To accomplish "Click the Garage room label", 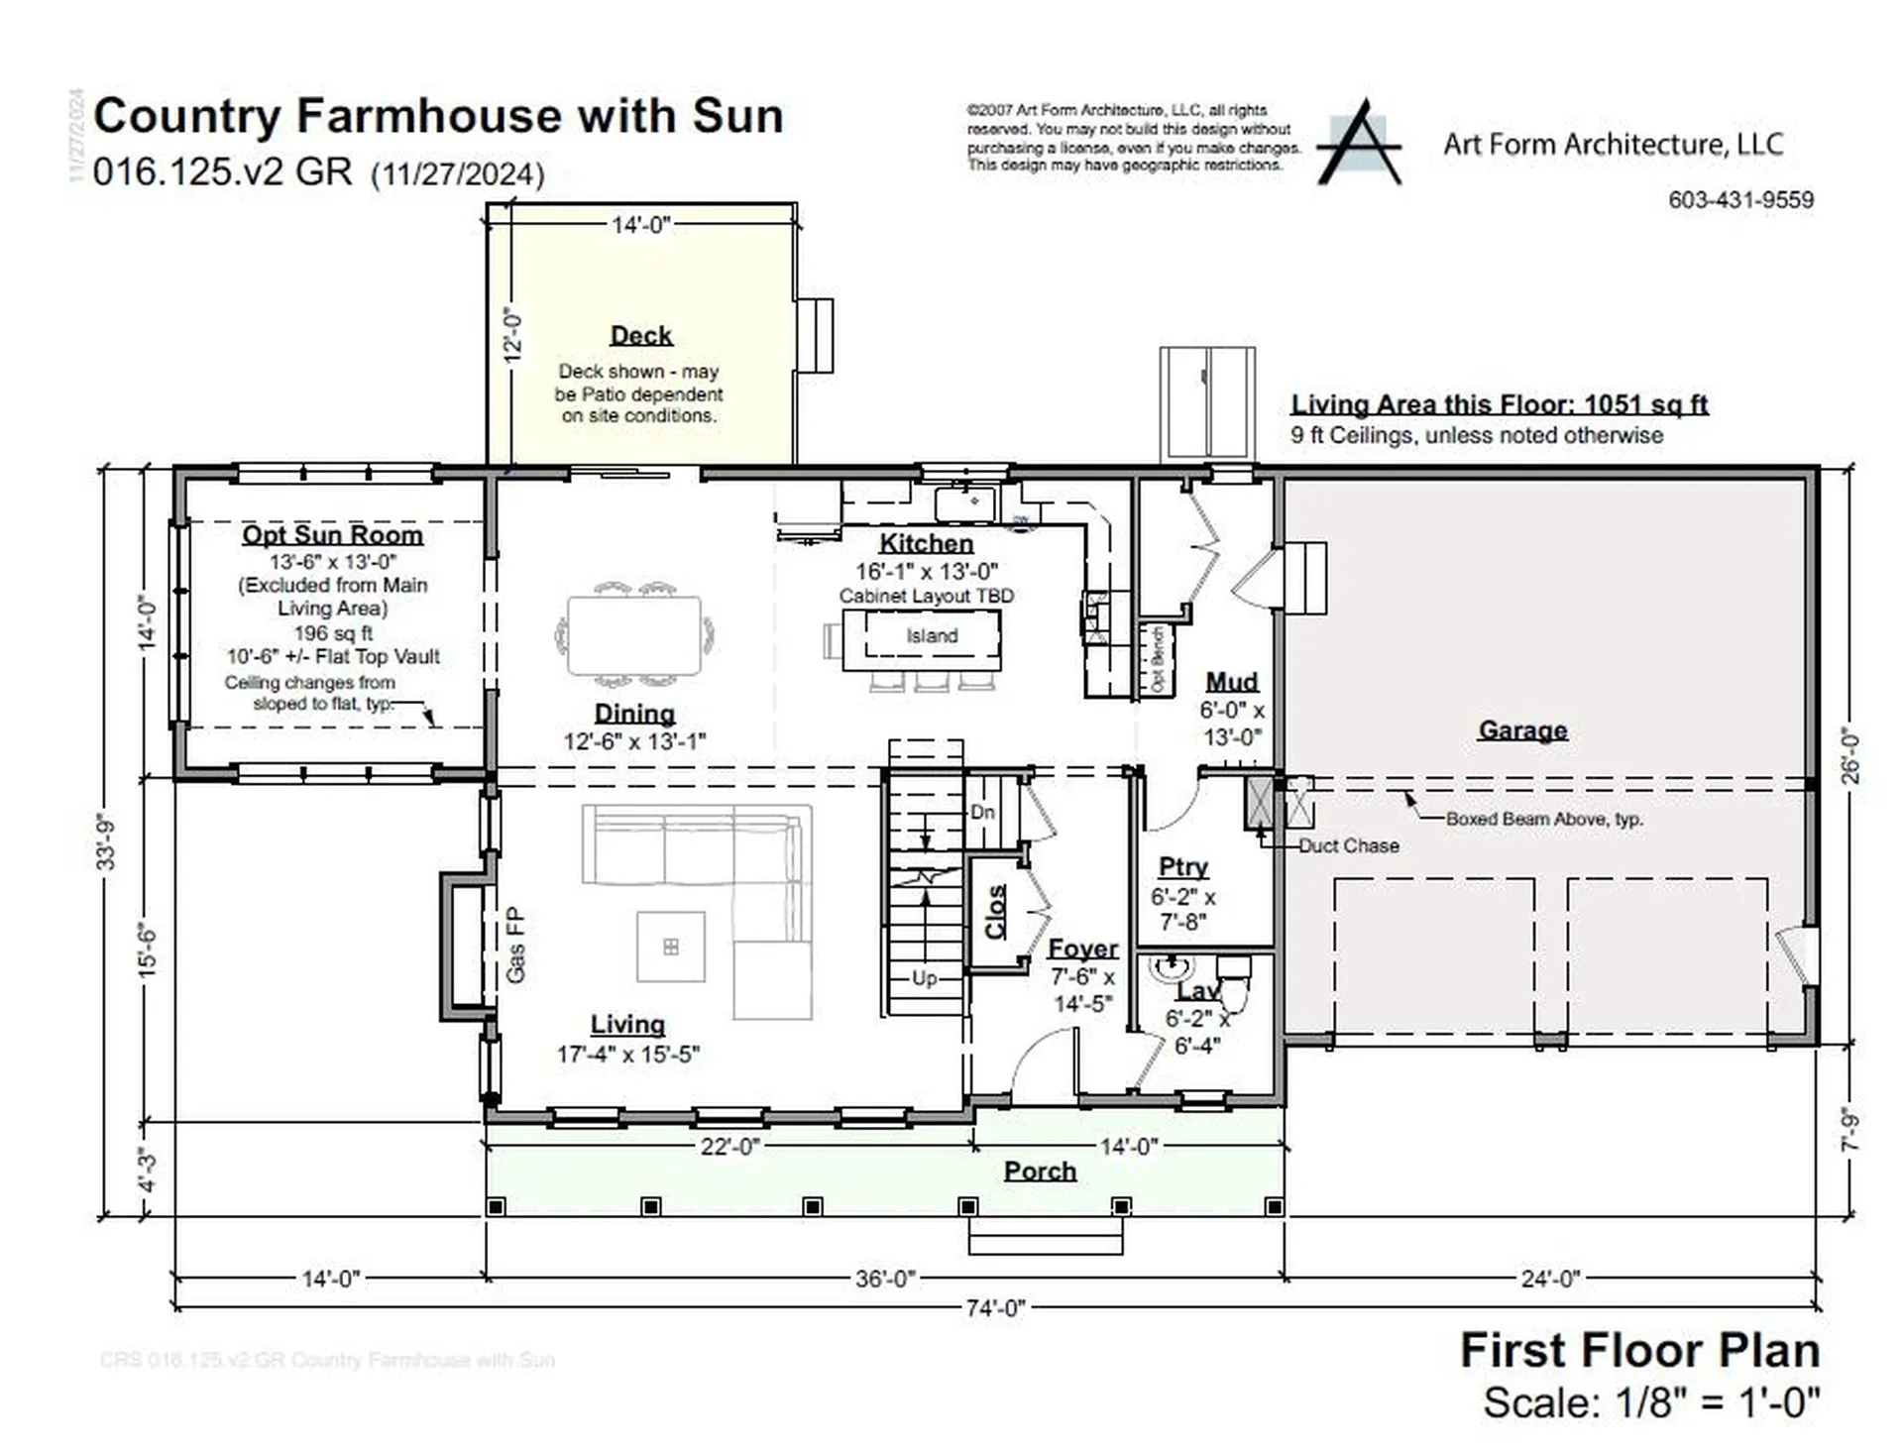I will [x=1522, y=730].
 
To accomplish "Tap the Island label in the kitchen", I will [x=932, y=636].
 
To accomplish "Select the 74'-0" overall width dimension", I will [x=994, y=1308].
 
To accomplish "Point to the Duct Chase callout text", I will [x=1349, y=845].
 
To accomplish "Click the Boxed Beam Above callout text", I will [x=1543, y=819].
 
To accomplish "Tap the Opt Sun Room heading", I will [x=333, y=535].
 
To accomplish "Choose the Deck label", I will [x=641, y=336].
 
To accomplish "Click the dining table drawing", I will [x=634, y=634].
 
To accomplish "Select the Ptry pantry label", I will [x=1183, y=866].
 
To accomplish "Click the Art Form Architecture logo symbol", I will [x=1360, y=145].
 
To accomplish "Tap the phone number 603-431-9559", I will [x=1740, y=199].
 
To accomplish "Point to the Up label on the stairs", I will [x=924, y=978].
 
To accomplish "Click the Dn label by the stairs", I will [x=982, y=812].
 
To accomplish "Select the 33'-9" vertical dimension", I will [x=106, y=842].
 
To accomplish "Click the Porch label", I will [x=1040, y=1172].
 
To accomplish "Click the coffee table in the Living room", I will [x=671, y=947].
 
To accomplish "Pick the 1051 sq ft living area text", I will [x=1645, y=404].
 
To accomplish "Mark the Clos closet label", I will [x=995, y=912].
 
